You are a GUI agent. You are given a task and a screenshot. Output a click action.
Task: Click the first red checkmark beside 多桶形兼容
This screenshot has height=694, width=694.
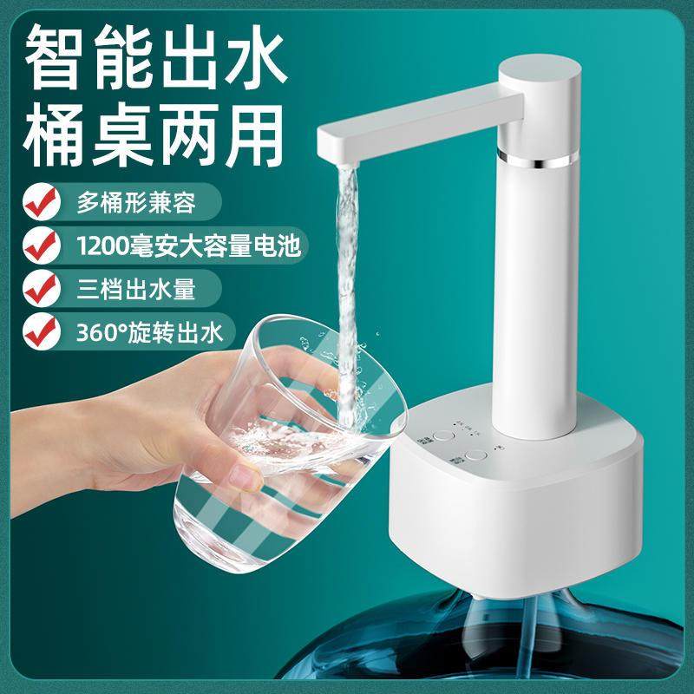click(x=36, y=201)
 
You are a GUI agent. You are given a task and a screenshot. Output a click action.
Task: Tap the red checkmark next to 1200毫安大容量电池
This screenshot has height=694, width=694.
click(x=36, y=245)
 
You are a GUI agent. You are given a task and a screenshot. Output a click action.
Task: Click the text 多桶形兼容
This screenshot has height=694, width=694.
click(x=131, y=202)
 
